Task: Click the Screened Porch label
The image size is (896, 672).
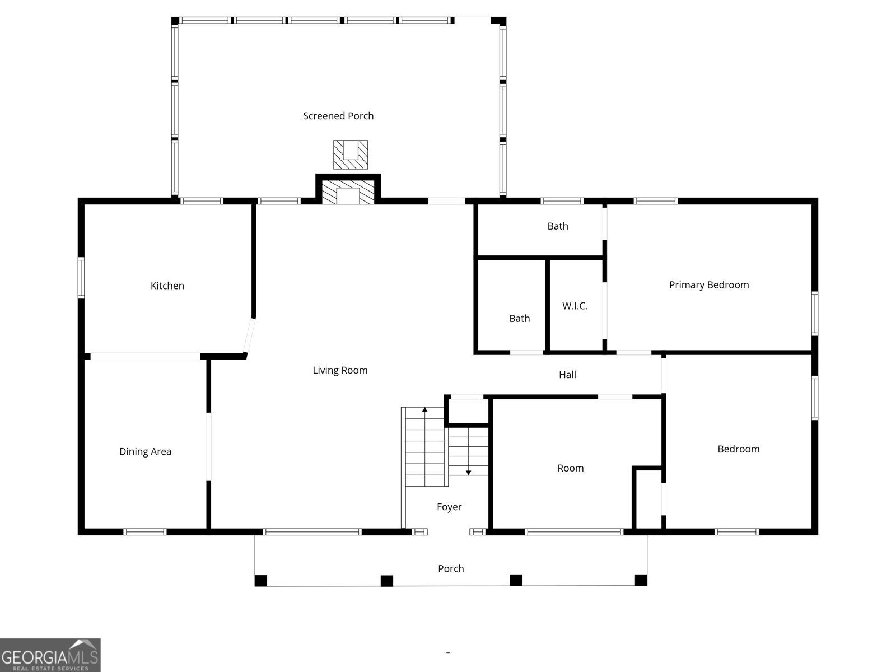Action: point(338,116)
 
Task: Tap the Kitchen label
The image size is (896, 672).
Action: point(167,286)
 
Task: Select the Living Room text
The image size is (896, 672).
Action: point(340,370)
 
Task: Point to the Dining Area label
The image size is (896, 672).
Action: point(145,451)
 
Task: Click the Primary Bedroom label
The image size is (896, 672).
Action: point(709,285)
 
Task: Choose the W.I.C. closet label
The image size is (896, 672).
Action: point(575,306)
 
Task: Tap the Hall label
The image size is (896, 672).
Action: point(567,375)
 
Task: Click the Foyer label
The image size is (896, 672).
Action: point(449,507)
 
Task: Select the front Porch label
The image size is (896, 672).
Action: point(451,568)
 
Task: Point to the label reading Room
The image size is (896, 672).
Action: point(570,468)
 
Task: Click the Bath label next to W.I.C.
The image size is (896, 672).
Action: point(519,318)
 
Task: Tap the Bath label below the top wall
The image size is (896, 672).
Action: point(558,226)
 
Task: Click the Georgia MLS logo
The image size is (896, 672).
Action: point(50,655)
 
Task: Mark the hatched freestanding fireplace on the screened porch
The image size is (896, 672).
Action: point(351,155)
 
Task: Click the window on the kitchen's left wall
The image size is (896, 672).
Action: point(81,278)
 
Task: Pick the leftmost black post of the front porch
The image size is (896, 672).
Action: point(261,580)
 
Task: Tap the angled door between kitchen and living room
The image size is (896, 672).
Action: point(249,335)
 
